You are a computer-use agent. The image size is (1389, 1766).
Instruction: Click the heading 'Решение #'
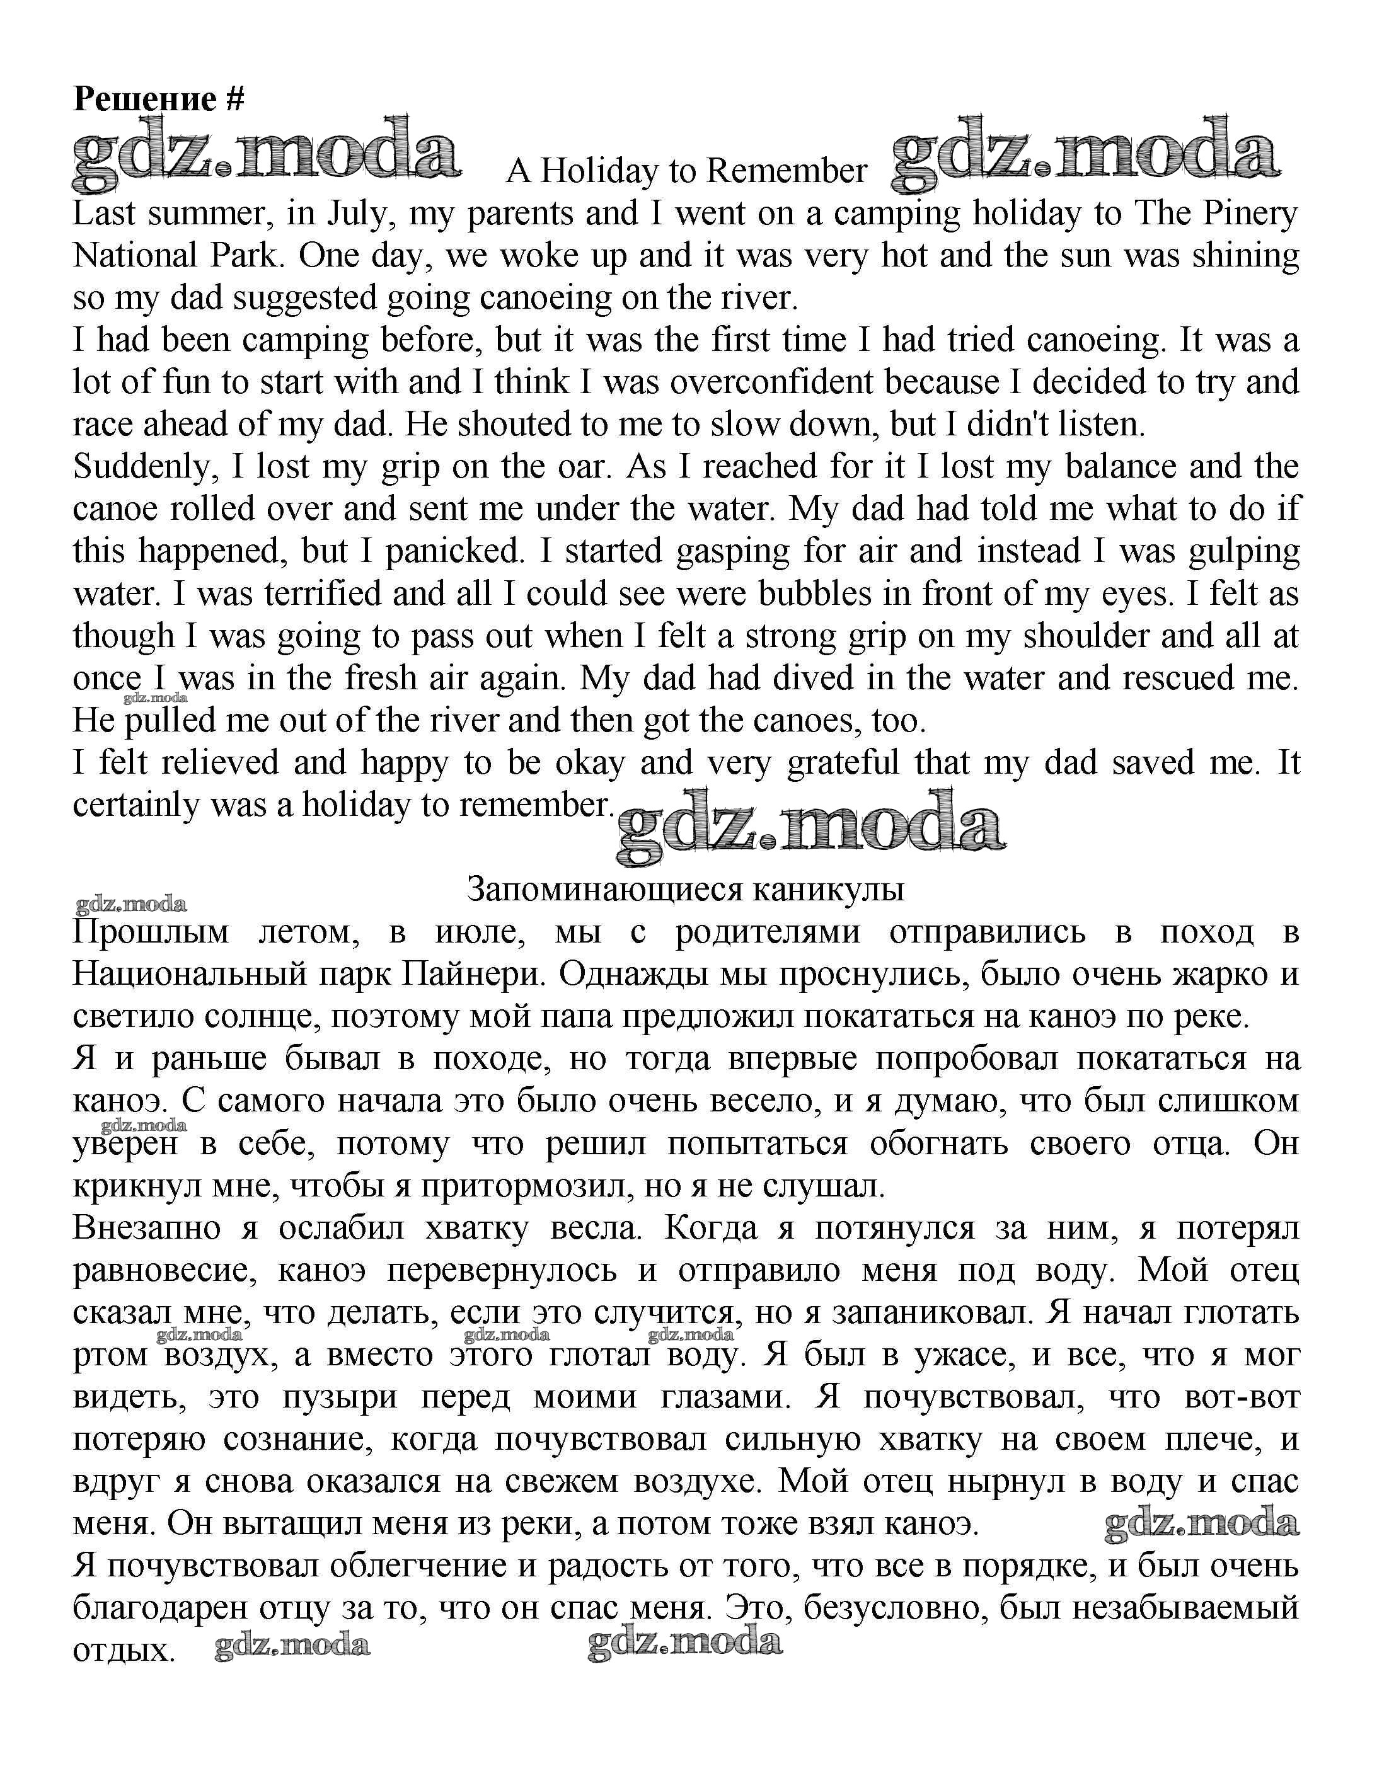(159, 99)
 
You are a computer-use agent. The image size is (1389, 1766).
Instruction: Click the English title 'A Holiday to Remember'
(686, 171)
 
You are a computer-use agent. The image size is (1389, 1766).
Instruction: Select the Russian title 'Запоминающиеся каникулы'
(686, 890)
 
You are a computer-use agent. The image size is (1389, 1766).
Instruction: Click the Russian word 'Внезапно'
(146, 1228)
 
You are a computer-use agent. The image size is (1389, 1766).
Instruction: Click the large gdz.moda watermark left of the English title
(267, 154)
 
